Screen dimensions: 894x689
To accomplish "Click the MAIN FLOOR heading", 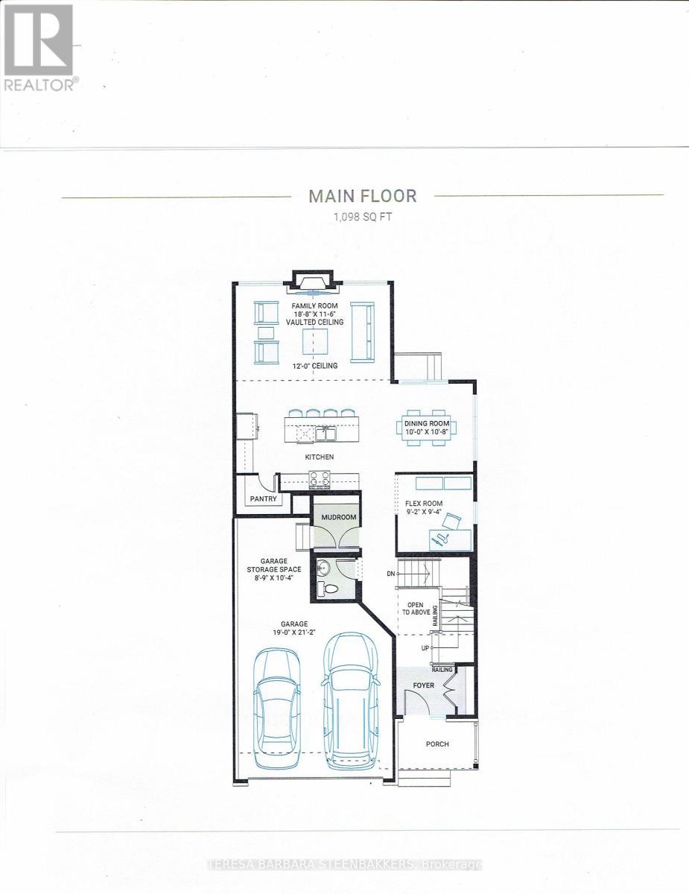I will (x=363, y=196).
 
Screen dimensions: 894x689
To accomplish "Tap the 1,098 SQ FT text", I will (x=363, y=217).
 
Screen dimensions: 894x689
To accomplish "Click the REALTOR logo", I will (x=39, y=48).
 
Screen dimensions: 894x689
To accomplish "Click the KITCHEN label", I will (x=318, y=457).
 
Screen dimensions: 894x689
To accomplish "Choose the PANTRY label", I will (x=263, y=499).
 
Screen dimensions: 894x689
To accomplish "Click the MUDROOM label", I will (x=339, y=516).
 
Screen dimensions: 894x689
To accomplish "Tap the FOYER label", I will (x=423, y=685).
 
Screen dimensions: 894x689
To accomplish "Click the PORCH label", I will (x=437, y=744).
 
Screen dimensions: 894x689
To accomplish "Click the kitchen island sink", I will (x=325, y=432).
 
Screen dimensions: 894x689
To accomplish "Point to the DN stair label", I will (x=391, y=574).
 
